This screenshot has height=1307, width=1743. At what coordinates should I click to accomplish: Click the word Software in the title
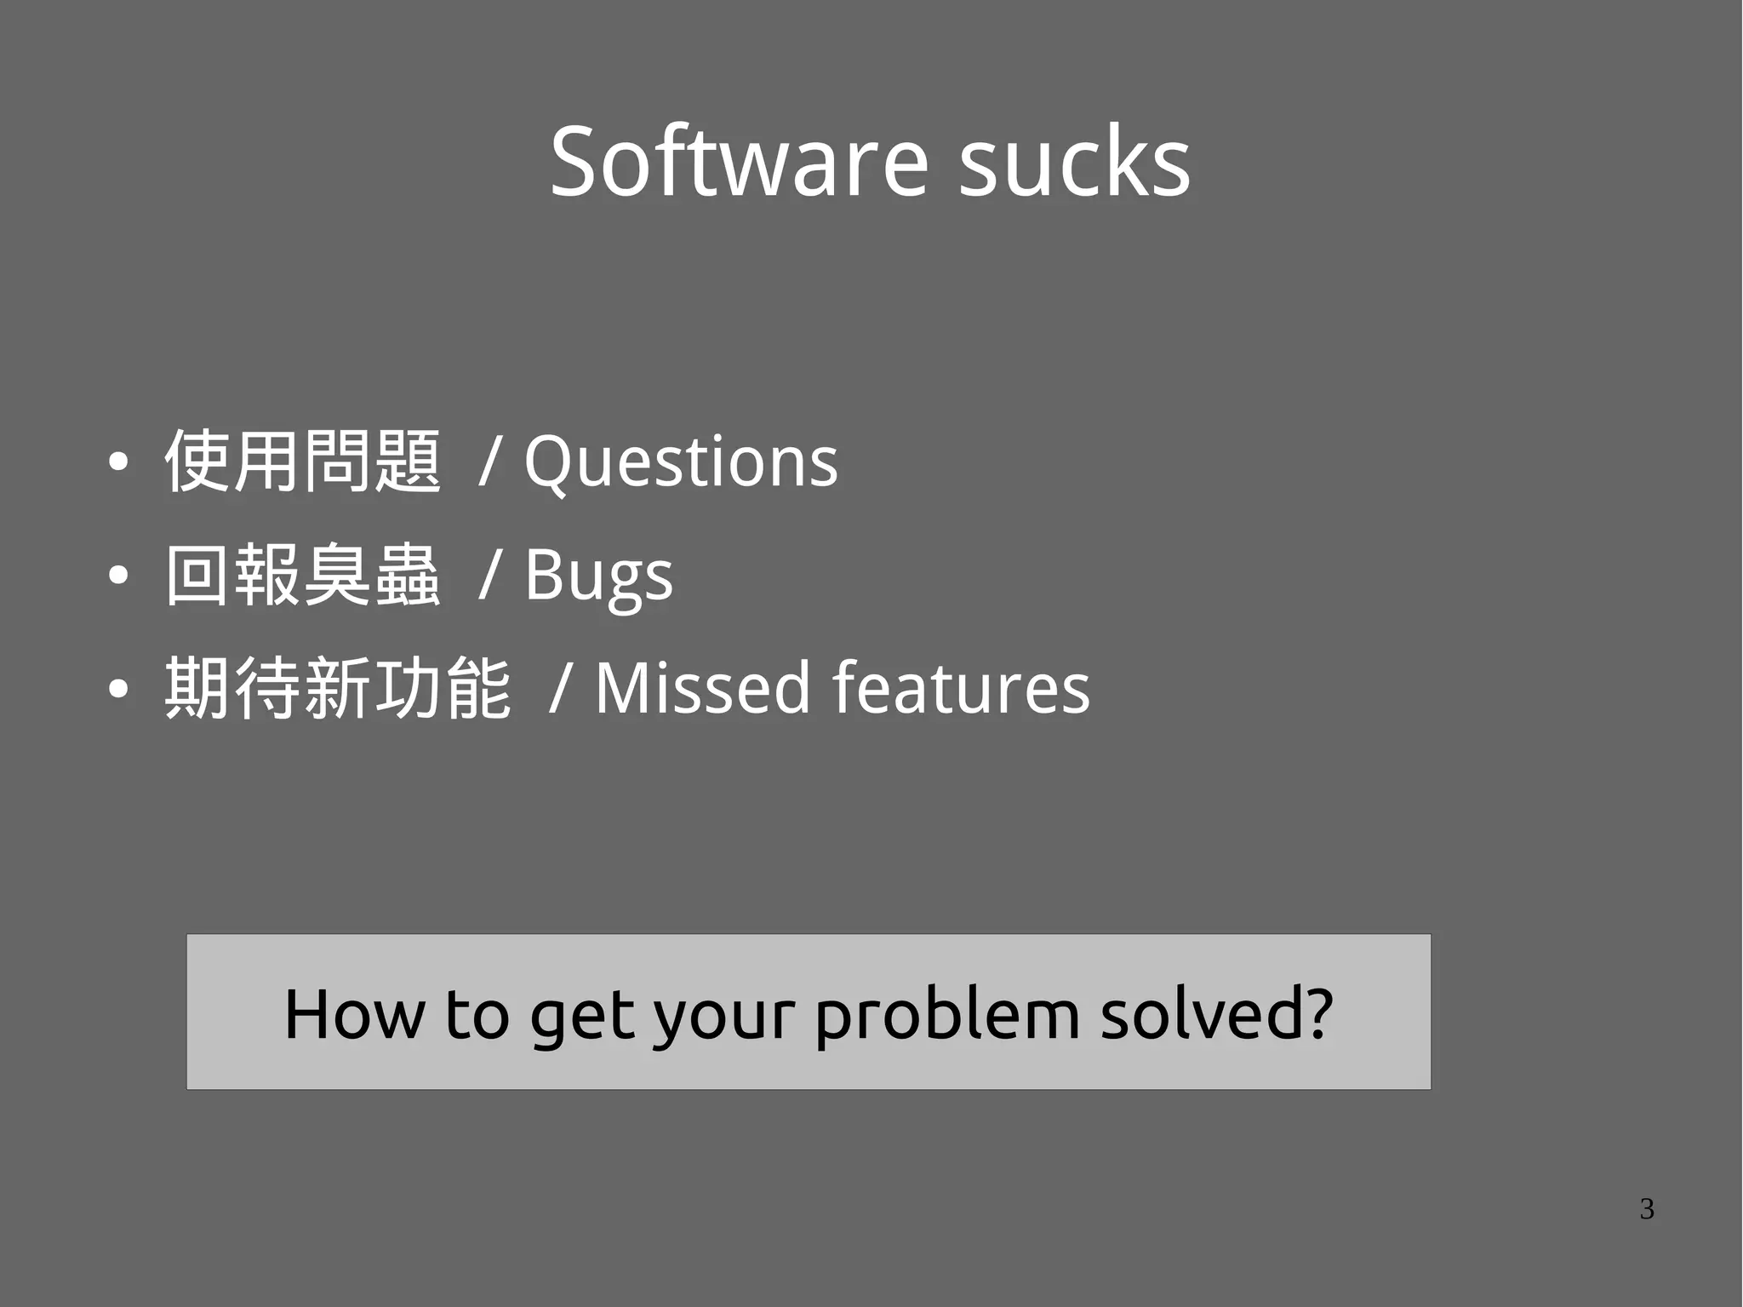coord(739,162)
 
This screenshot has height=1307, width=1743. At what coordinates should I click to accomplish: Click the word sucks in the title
coord(1074,162)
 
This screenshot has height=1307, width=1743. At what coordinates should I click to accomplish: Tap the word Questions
coord(680,461)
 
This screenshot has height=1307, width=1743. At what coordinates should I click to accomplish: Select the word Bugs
coord(598,576)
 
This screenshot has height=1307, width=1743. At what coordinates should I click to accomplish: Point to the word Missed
coord(702,688)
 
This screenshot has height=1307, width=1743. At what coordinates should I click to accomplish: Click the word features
coord(961,688)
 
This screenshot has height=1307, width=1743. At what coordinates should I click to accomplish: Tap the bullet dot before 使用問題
coord(118,462)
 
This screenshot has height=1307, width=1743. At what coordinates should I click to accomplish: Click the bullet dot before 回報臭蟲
coord(118,576)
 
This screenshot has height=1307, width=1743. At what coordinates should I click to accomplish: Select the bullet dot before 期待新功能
coord(118,689)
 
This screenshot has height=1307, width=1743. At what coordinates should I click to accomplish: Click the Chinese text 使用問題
coord(303,461)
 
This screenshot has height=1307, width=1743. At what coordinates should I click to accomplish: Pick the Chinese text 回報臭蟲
coord(303,576)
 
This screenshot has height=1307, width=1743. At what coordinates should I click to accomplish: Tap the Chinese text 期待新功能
coord(338,688)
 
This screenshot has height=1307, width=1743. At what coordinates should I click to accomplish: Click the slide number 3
coord(1647,1209)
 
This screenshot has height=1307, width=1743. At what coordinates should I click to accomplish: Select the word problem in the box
coord(947,1015)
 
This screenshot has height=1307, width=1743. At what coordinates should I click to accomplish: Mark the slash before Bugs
coord(489,576)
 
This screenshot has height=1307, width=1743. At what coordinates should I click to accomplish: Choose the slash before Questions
coord(489,461)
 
